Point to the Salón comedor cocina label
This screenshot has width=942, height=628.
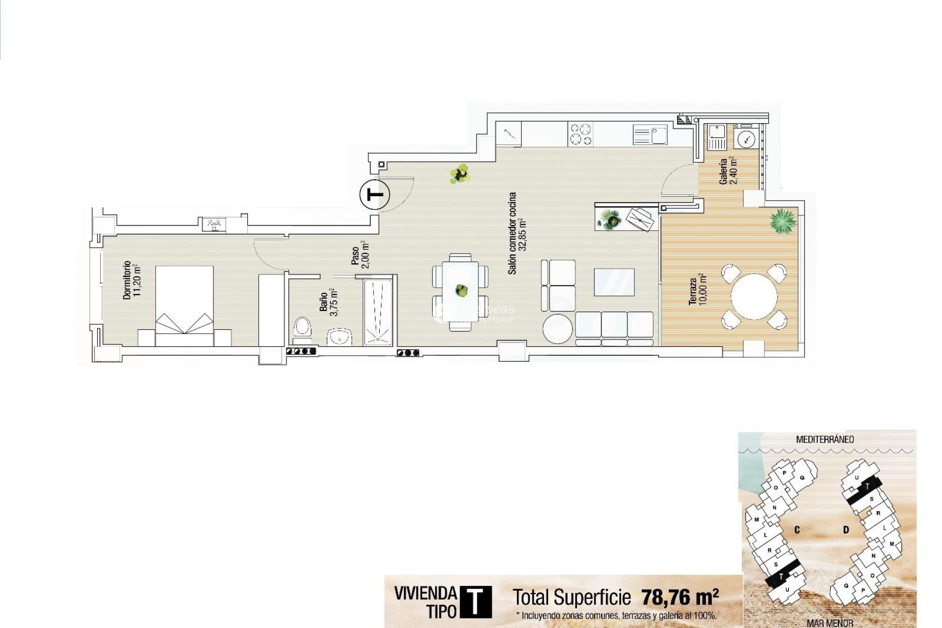pyautogui.click(x=517, y=233)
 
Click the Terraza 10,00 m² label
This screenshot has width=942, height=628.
pyautogui.click(x=697, y=291)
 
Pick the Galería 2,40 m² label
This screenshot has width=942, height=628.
pyautogui.click(x=727, y=171)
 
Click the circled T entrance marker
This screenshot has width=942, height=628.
pyautogui.click(x=375, y=195)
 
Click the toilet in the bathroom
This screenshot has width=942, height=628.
pyautogui.click(x=302, y=328)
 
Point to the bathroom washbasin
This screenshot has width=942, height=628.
pyautogui.click(x=340, y=337)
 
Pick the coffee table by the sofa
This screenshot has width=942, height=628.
pyautogui.click(x=614, y=282)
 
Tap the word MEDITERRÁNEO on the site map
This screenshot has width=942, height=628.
pyautogui.click(x=824, y=440)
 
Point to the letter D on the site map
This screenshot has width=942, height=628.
pyautogui.click(x=846, y=530)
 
